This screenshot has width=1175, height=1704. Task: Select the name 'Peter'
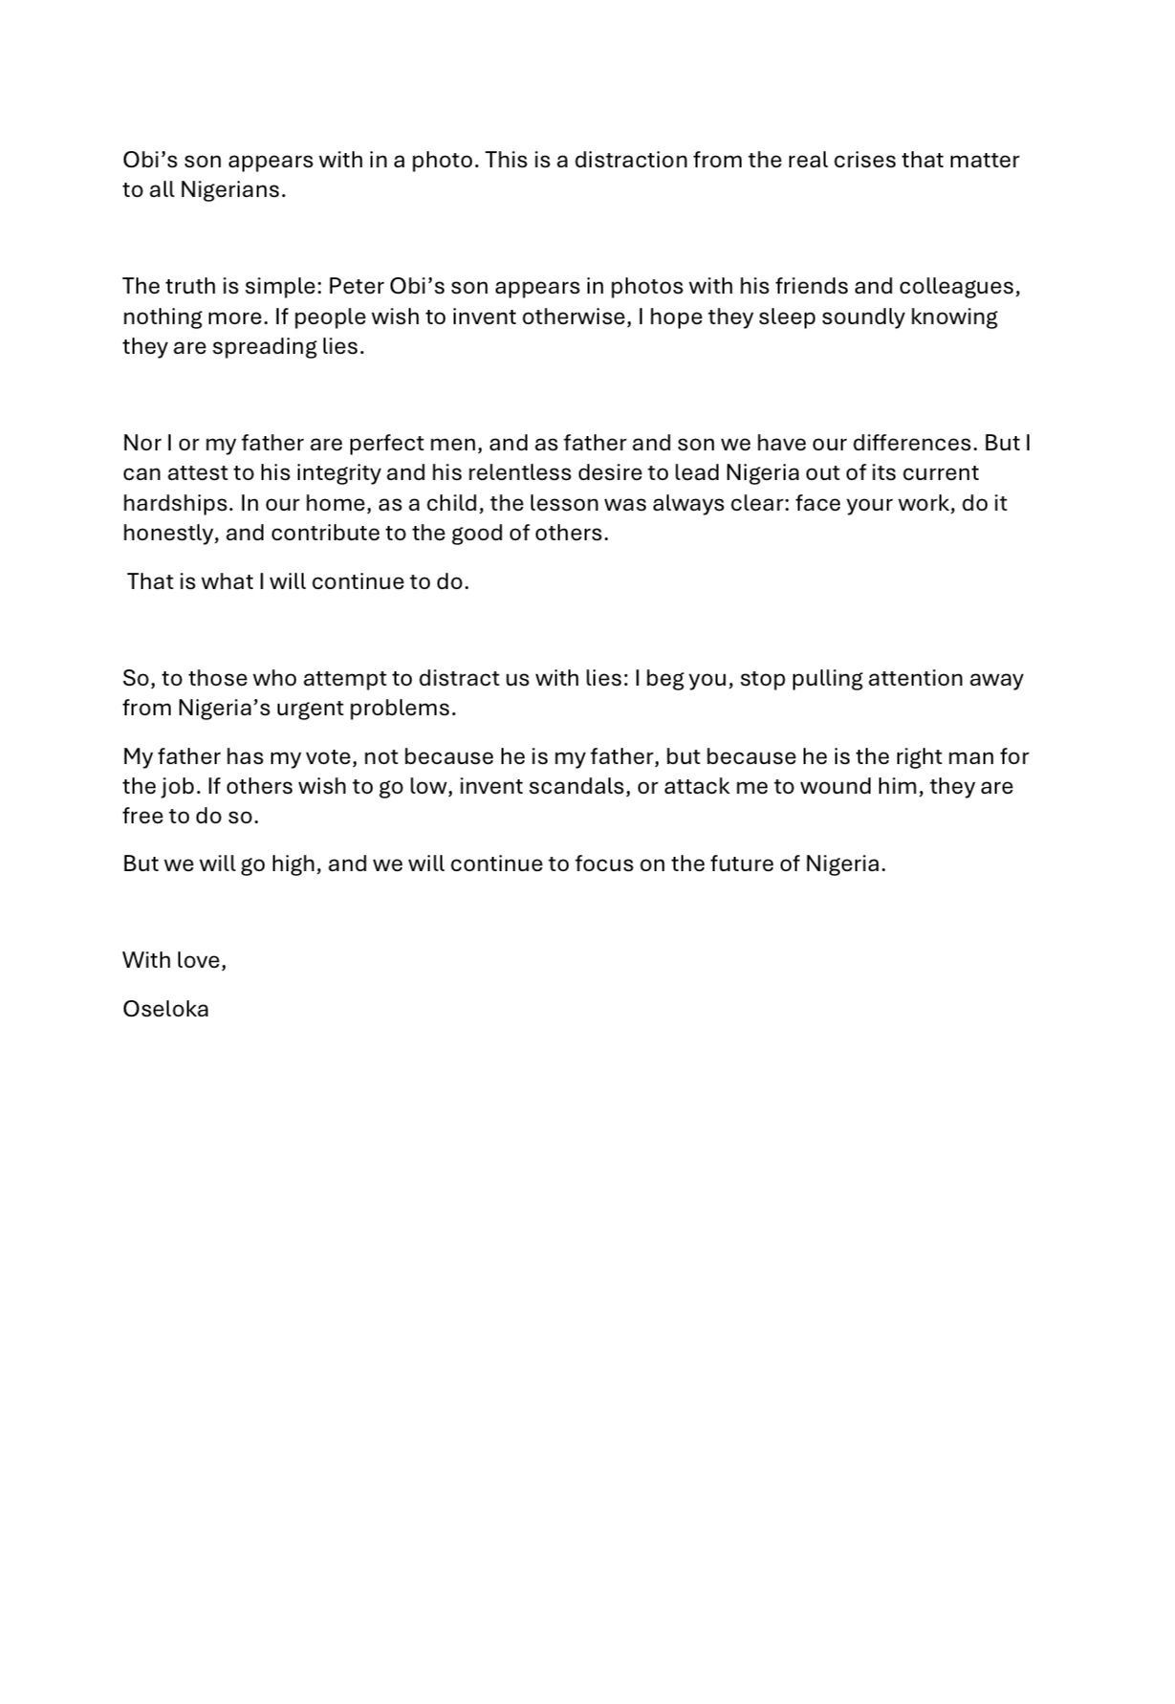[357, 286]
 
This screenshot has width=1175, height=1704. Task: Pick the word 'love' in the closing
[200, 960]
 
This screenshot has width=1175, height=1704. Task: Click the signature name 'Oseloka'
[165, 1009]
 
